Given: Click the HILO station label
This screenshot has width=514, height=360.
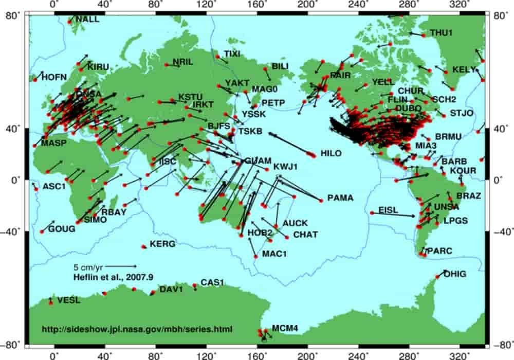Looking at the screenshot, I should click(x=331, y=153).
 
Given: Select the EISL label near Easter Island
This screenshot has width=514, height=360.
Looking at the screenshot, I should click(x=388, y=210).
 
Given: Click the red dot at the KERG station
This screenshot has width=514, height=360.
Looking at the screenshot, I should click(x=144, y=247).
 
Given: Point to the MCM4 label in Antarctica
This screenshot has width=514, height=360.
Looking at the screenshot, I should click(x=285, y=328).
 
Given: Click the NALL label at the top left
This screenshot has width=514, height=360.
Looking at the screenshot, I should click(x=86, y=20).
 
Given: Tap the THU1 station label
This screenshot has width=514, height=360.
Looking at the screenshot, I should click(x=441, y=32).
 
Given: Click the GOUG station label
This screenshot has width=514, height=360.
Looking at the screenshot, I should click(x=61, y=229).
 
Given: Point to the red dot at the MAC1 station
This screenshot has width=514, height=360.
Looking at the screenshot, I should click(x=256, y=256).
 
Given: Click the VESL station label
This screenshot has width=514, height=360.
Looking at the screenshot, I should click(x=68, y=300).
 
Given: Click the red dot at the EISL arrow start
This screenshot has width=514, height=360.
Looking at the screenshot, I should click(x=372, y=212).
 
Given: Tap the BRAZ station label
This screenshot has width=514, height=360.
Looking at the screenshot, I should click(x=469, y=196).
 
